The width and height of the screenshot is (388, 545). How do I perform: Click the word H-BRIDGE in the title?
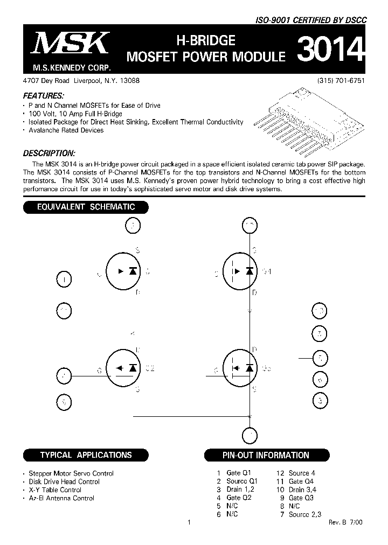206,40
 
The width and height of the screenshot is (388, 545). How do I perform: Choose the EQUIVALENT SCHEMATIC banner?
86,207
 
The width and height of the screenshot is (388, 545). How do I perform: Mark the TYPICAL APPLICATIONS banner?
86,455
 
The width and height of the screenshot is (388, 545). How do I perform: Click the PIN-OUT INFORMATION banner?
266,455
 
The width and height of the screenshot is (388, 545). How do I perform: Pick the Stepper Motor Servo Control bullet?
71,473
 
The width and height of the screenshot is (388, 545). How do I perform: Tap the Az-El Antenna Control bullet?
61,498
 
